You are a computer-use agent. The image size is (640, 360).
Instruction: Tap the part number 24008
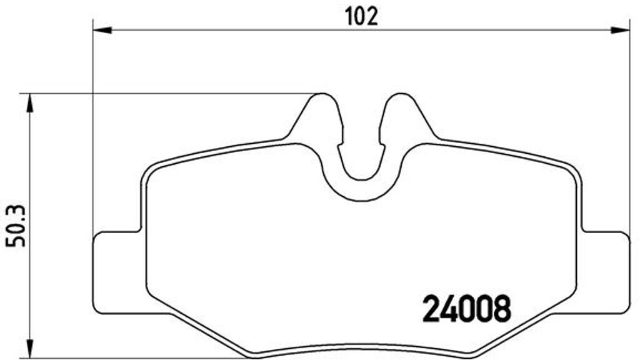click(467, 308)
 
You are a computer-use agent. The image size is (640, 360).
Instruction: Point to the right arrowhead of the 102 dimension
click(620, 29)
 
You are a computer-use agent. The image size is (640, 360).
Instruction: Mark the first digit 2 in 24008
click(432, 308)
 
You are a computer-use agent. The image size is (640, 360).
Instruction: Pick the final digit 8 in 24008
click(502, 308)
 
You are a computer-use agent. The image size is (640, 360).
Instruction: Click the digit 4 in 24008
click(449, 308)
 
